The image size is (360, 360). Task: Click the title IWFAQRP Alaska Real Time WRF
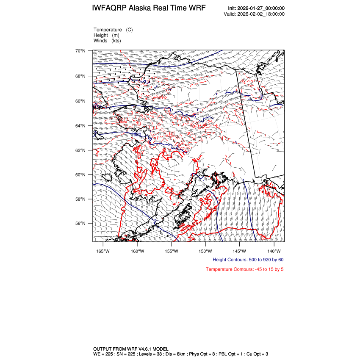pyautogui.click(x=149, y=8)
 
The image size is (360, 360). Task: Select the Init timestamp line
pyautogui.click(x=256, y=8)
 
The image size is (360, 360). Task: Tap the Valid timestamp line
pyautogui.click(x=254, y=14)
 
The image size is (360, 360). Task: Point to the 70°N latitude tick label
pyautogui.click(x=80, y=51)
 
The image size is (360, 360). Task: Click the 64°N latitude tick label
pyautogui.click(x=80, y=126)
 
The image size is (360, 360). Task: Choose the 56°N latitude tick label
pyautogui.click(x=80, y=223)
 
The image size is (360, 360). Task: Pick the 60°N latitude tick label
pyautogui.click(x=80, y=174)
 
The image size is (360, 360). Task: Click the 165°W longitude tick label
pyautogui.click(x=103, y=250)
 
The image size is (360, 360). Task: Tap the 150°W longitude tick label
pyautogui.click(x=205, y=250)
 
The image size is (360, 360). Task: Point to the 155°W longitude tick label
pyautogui.click(x=172, y=250)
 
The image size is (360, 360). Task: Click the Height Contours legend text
pyautogui.click(x=248, y=260)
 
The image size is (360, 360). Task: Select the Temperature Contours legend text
pyautogui.click(x=244, y=269)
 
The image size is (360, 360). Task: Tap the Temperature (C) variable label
pyautogui.click(x=113, y=30)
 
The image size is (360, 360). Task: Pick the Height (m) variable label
pyautogui.click(x=106, y=35)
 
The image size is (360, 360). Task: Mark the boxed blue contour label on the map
pyautogui.click(x=137, y=135)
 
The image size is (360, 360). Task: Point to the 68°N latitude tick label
pyautogui.click(x=80, y=76)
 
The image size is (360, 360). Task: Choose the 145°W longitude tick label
pyautogui.click(x=239, y=250)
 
